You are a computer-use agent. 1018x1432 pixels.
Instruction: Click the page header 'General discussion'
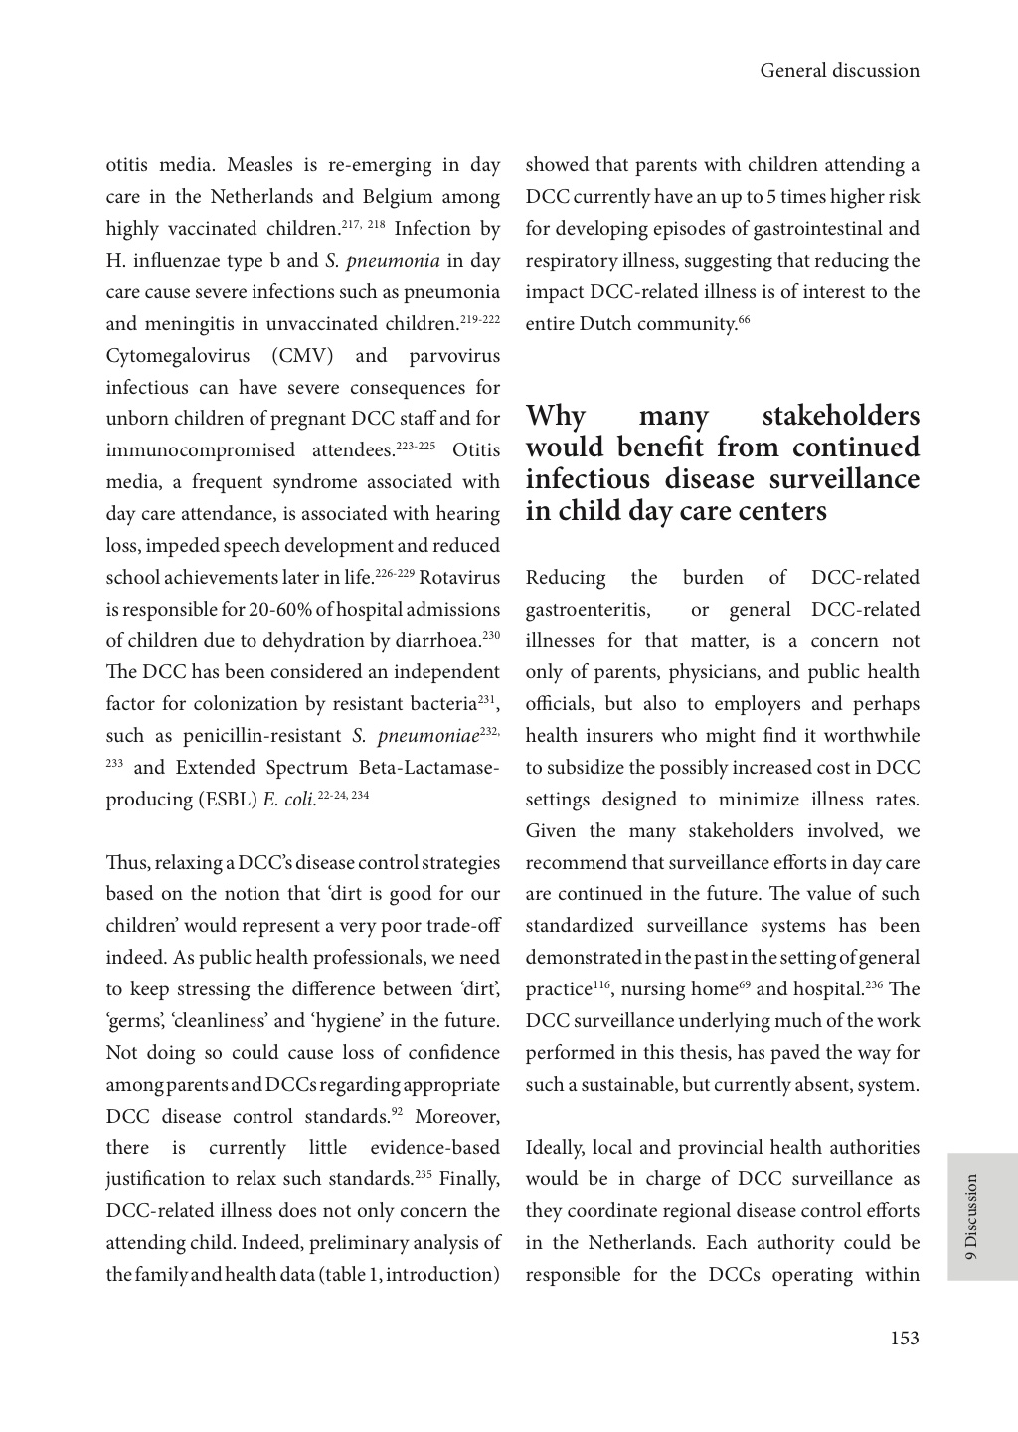pos(839,71)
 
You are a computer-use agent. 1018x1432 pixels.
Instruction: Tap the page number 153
pos(904,1339)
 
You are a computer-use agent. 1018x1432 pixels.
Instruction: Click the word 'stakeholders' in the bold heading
pos(840,416)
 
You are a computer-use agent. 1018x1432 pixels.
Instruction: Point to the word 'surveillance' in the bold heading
pos(844,479)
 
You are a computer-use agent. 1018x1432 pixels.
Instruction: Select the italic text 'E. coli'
pos(288,800)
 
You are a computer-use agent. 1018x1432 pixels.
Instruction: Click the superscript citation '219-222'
pos(479,319)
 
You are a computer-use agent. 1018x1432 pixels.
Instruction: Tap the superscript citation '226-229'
pos(395,573)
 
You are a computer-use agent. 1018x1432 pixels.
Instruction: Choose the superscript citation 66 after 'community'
pos(744,319)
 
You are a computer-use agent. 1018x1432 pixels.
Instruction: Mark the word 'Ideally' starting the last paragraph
pos(558,1148)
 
